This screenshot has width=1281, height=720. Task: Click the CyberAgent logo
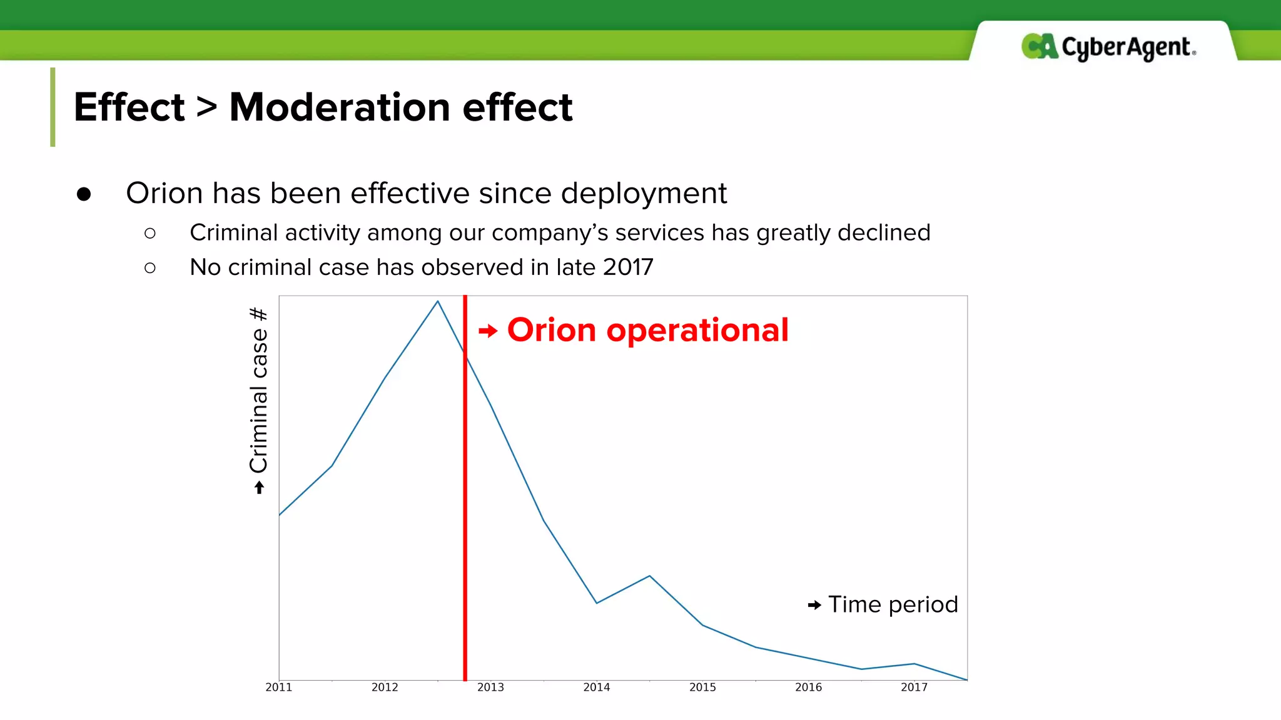pyautogui.click(x=1108, y=47)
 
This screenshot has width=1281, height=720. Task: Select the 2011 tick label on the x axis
pyautogui.click(x=278, y=687)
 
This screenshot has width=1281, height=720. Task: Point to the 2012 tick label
pyautogui.click(x=385, y=687)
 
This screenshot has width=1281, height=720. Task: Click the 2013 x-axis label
pyautogui.click(x=490, y=687)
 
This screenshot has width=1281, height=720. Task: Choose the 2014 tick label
pyautogui.click(x=596, y=687)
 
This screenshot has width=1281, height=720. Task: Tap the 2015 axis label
pyautogui.click(x=702, y=687)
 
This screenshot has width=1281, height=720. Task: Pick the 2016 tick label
pyautogui.click(x=808, y=687)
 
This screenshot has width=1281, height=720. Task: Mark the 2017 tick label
pyautogui.click(x=914, y=687)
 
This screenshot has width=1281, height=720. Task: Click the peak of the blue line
pyautogui.click(x=438, y=302)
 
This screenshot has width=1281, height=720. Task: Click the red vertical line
pyautogui.click(x=465, y=500)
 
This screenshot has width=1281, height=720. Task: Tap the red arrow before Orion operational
pyautogui.click(x=488, y=331)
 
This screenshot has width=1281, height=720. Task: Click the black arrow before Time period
pyautogui.click(x=814, y=605)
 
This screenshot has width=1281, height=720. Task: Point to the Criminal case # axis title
pyautogui.click(x=259, y=390)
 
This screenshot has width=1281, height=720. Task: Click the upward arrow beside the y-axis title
pyautogui.click(x=259, y=487)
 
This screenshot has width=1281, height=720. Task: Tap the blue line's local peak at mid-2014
pyautogui.click(x=649, y=576)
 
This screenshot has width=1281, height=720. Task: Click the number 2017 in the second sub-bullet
pyautogui.click(x=628, y=267)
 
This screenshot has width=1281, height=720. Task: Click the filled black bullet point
pyautogui.click(x=84, y=194)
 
